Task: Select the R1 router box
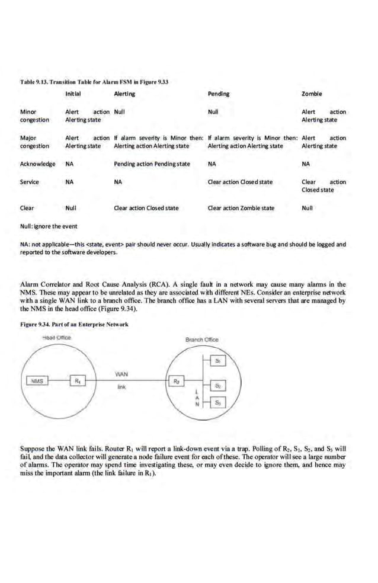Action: point(77,380)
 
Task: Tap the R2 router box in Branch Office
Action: point(176,380)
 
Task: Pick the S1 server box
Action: point(218,361)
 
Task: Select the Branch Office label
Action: point(201,339)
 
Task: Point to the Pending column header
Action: point(219,94)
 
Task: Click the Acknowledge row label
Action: point(38,164)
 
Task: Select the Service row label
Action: point(30,182)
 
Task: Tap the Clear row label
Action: point(27,208)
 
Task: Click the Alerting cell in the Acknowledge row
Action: point(151,164)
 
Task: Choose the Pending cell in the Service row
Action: point(240,182)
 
